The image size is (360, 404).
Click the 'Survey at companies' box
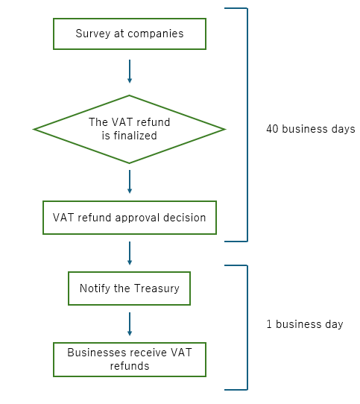130,34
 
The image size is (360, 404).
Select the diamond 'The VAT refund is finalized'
130,130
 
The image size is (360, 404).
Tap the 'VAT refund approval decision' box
130,218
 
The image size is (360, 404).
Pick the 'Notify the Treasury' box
130,288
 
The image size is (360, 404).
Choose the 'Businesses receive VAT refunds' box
130,360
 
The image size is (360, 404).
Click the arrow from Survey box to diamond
130,72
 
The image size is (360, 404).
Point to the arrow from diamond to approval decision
130,182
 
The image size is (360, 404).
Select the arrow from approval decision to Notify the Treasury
130,253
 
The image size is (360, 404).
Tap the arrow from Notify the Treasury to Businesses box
130,324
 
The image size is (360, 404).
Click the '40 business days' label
311,129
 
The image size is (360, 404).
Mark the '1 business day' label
305,324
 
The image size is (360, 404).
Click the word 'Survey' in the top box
93,34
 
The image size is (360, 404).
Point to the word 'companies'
156,34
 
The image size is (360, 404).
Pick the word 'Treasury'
157,288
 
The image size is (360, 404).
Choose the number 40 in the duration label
272,129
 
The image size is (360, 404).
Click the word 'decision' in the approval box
185,218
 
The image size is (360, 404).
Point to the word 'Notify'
95,288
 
